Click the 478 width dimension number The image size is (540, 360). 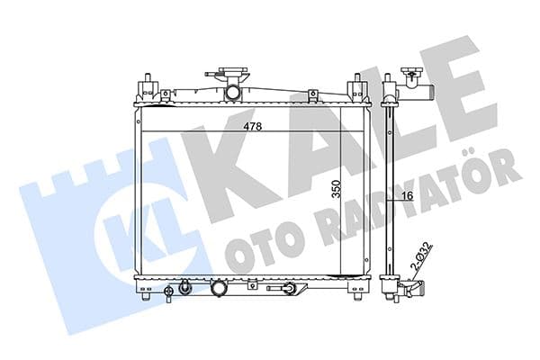pyautogui.click(x=253, y=127)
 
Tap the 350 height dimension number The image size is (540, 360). pyautogui.click(x=336, y=189)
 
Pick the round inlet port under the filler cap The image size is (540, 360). pyautogui.click(x=233, y=92)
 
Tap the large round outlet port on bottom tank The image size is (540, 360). pyautogui.click(x=219, y=289)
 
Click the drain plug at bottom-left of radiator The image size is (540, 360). pyautogui.click(x=184, y=288)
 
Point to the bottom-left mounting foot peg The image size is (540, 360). pyautogui.click(x=146, y=296)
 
